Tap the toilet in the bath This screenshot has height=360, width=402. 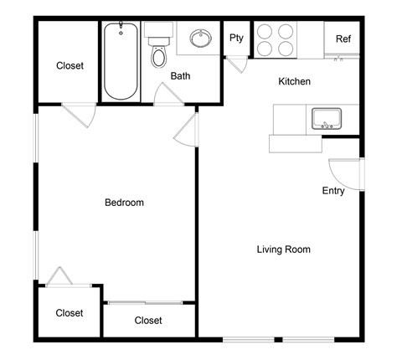157,56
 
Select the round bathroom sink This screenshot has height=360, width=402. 200,38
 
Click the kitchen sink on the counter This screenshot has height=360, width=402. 324,117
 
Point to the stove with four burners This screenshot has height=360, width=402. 276,38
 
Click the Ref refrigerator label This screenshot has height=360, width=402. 343,39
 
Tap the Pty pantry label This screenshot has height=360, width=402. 237,38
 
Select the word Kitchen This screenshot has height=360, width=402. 295,82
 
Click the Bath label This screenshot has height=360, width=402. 181,76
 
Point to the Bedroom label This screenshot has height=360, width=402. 124,203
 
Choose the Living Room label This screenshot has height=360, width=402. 284,249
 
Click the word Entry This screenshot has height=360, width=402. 333,191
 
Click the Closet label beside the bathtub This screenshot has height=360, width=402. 70,65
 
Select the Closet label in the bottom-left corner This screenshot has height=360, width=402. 70,313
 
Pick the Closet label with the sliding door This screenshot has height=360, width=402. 148,321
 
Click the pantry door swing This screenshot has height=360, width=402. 238,64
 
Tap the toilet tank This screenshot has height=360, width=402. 157,31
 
